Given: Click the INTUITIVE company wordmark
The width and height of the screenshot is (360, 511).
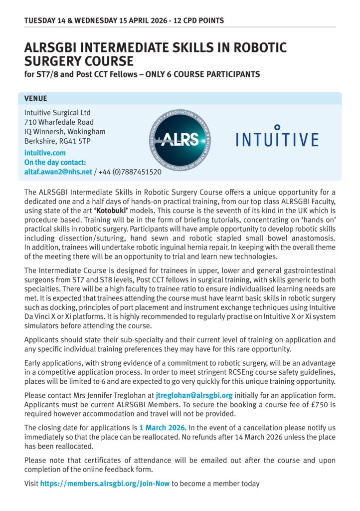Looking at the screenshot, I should tap(277, 138).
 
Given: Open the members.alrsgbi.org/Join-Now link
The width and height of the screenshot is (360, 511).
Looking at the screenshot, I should tap(105, 484).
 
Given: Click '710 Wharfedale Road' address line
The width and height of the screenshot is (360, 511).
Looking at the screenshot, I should tap(59, 122).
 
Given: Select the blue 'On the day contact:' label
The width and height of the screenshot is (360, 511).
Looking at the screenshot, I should tap(55, 162).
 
